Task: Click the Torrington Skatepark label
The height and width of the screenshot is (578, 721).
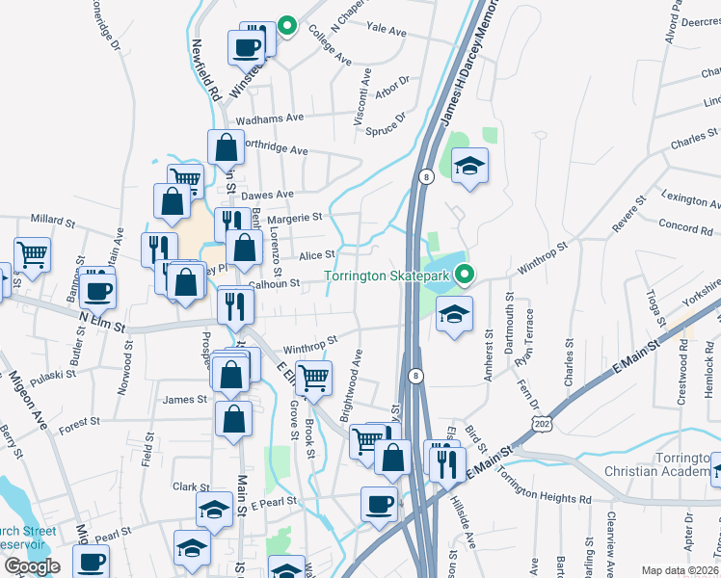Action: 387,276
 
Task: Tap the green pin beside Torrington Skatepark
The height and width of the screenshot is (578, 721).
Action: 464,275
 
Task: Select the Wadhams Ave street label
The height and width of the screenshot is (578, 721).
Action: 271,118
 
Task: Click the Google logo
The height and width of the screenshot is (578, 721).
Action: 32,566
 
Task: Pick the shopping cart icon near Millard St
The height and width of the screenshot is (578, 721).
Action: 32,253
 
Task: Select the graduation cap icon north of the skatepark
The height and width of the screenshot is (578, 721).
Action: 469,166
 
